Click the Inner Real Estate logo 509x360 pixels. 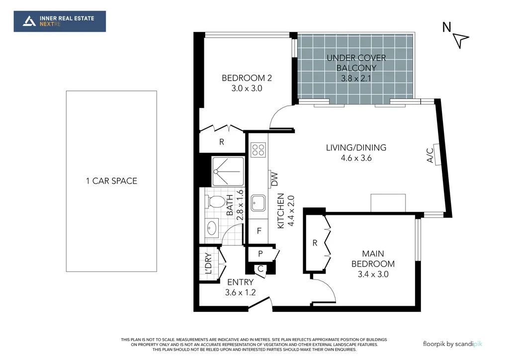point(60,21)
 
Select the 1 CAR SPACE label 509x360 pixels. point(111,181)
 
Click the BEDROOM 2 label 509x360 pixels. point(247,78)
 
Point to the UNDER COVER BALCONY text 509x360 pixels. point(356,63)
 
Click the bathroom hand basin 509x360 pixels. point(212,228)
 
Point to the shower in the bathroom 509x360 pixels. point(228,172)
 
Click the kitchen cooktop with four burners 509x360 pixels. point(258,149)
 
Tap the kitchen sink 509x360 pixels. point(258,202)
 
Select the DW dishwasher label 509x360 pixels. point(274,178)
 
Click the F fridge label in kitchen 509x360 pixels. point(259,231)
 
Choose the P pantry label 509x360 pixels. point(260,254)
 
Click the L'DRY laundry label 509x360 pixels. point(208,264)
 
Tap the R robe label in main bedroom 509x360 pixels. point(315,243)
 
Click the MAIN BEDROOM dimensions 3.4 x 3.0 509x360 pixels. point(373,274)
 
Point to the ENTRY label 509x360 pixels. point(240,282)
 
